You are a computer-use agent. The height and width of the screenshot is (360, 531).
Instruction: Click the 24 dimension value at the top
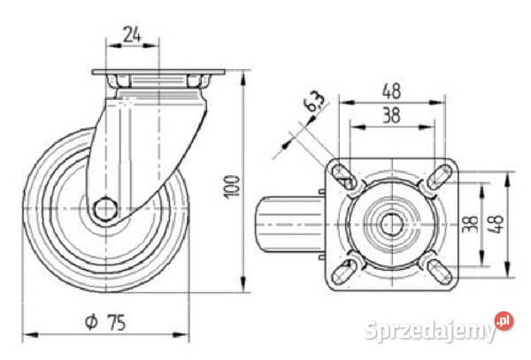132,34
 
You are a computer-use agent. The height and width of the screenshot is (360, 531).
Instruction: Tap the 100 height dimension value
232,186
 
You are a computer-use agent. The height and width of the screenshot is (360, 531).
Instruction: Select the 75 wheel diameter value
116,322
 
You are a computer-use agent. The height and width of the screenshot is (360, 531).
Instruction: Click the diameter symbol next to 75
91,322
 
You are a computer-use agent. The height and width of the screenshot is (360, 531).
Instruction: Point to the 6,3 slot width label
314,102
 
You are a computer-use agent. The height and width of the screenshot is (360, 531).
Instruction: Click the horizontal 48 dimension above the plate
391,91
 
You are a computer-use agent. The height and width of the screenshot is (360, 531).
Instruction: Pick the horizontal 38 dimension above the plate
391,115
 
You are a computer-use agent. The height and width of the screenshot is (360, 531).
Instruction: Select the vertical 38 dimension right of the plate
471,224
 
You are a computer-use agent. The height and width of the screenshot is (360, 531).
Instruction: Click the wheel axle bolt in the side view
105,209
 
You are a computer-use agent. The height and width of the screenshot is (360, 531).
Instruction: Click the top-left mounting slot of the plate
343,177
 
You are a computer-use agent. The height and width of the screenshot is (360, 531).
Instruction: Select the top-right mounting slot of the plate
439,177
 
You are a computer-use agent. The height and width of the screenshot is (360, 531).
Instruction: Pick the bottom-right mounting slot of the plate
440,272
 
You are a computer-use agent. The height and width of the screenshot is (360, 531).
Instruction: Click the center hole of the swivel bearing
392,225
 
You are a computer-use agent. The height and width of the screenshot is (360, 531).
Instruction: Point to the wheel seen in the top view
290,225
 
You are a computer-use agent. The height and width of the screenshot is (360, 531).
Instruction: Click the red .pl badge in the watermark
504,320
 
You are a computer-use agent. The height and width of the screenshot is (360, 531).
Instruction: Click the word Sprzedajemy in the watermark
430,330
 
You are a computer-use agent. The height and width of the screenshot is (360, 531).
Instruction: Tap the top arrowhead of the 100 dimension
242,79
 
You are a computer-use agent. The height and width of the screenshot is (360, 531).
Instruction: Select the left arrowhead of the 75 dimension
30,335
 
